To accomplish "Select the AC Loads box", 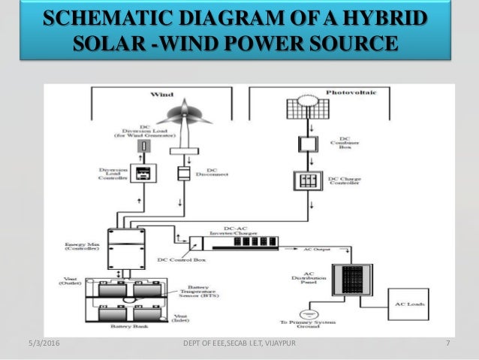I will pyautogui.click(x=408, y=304).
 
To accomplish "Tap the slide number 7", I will pyautogui.click(x=447, y=343).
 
